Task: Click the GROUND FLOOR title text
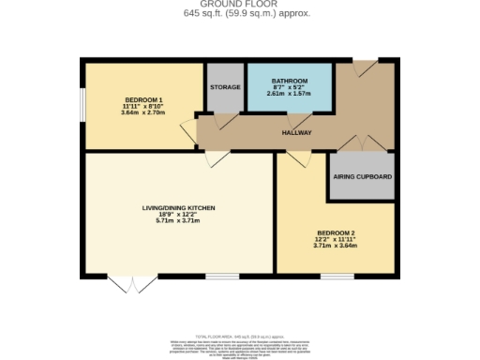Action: [240, 5]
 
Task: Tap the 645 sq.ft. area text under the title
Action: [240, 14]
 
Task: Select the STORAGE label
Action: [225, 87]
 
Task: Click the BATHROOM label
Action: [289, 80]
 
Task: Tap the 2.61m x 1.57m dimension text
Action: [289, 94]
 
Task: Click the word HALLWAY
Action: [297, 132]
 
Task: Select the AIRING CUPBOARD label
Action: [363, 177]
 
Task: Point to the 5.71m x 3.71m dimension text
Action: [178, 221]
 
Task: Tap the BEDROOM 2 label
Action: [336, 232]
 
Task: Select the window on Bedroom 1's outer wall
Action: [82, 105]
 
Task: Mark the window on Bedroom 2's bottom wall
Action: [336, 276]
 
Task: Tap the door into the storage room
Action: [226, 120]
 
